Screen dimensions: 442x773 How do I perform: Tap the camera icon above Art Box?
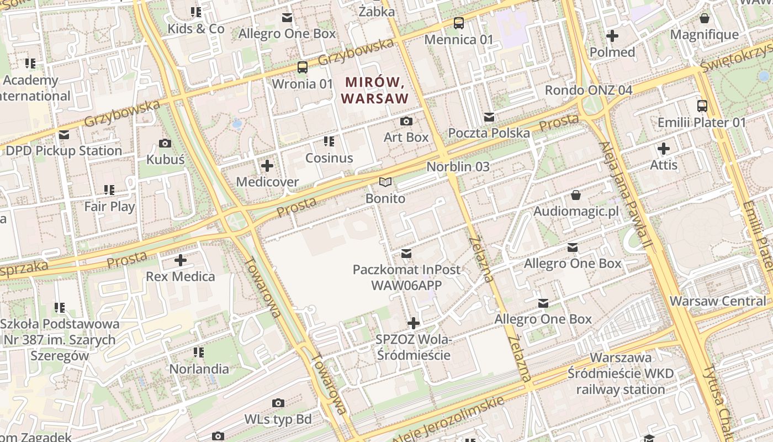pos(406,121)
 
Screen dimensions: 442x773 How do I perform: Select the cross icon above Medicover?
pos(267,166)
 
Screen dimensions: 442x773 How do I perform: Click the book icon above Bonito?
pos(385,182)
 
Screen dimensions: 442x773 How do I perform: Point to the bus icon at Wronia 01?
pos(303,67)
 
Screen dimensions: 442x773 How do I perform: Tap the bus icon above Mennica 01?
pos(459,23)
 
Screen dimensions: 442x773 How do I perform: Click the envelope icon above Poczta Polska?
pos(489,117)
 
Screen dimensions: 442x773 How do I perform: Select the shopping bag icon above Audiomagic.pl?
pos(576,195)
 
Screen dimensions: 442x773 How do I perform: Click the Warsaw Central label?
pos(718,301)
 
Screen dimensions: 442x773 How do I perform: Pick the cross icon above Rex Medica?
pos(181,260)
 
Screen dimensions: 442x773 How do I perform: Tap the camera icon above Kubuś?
pos(165,144)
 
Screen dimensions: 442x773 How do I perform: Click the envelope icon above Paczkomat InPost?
pos(407,254)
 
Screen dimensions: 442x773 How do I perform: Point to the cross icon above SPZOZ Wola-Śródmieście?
pos(414,323)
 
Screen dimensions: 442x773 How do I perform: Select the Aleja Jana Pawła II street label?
pos(627,193)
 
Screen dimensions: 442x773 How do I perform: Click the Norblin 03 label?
pos(458,166)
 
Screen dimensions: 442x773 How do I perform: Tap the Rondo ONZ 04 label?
pos(588,90)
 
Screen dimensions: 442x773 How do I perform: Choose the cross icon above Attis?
pos(664,149)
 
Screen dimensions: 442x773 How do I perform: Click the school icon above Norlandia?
pos(199,352)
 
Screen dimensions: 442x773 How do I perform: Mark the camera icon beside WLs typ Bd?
pos(278,403)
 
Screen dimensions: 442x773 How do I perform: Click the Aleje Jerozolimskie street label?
pos(448,420)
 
